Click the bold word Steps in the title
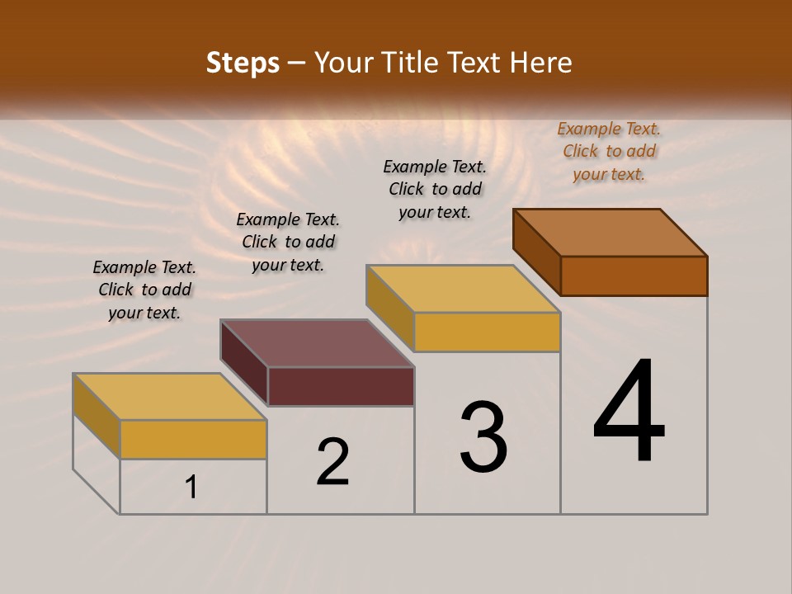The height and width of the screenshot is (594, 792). pyautogui.click(x=243, y=63)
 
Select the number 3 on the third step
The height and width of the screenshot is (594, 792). pyautogui.click(x=483, y=438)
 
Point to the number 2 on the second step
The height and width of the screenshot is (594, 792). pyautogui.click(x=333, y=462)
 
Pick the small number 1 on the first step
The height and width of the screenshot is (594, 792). pyautogui.click(x=191, y=488)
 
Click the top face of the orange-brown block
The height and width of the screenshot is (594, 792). pyautogui.click(x=610, y=233)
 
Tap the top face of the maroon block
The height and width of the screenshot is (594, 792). pyautogui.click(x=317, y=343)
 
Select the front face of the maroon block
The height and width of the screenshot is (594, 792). pyautogui.click(x=341, y=386)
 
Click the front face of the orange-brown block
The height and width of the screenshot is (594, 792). pyautogui.click(x=634, y=276)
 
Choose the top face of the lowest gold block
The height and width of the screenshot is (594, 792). pyautogui.click(x=170, y=397)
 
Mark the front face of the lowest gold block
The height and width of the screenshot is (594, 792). pyautogui.click(x=193, y=439)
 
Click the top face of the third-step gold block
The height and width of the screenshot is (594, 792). pyautogui.click(x=464, y=289)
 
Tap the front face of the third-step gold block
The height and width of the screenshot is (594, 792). pyautogui.click(x=487, y=332)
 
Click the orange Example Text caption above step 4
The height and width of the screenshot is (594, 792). pyautogui.click(x=609, y=151)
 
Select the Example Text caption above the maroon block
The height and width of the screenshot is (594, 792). pyautogui.click(x=288, y=242)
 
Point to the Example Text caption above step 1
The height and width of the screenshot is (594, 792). pyautogui.click(x=144, y=290)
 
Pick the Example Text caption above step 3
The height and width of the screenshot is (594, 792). pyautogui.click(x=435, y=189)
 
